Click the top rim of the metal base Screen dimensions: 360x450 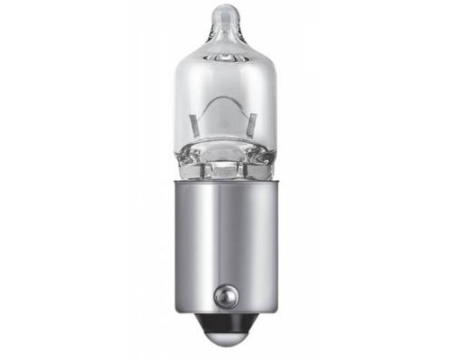pos(224,184)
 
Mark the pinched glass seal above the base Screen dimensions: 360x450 pos(224,166)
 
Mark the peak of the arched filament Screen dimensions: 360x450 pos(224,103)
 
